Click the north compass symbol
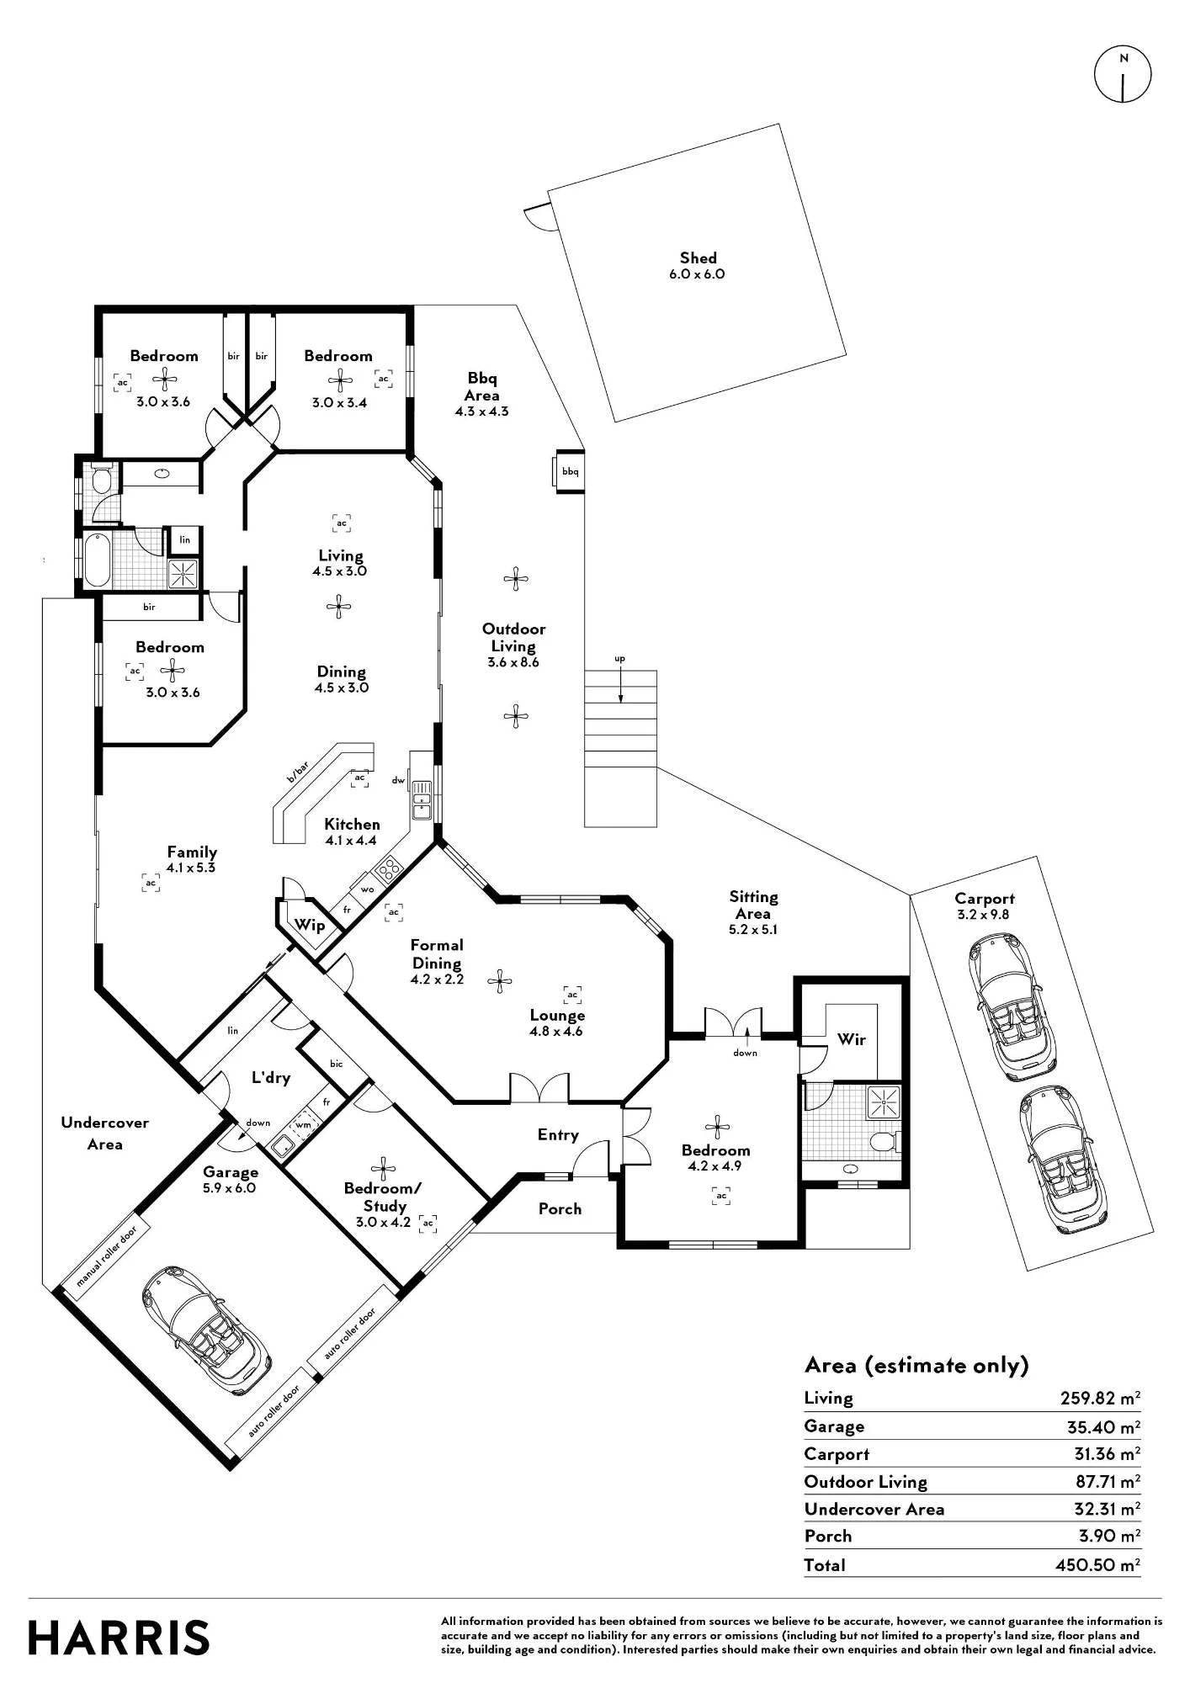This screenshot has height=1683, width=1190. pos(1123,74)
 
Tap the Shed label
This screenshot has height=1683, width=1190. pos(699,258)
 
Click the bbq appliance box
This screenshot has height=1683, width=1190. pos(569,471)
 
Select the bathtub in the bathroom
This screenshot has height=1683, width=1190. pos(98,560)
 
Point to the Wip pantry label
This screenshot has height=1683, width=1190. pos(310,925)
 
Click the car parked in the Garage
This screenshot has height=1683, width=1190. pos(206,1330)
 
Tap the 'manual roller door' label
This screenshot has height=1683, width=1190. pos(106,1258)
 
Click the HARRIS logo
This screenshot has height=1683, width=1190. pos(119,1638)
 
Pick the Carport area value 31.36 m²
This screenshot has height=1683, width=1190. pos(1107,1453)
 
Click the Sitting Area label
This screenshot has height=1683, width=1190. pos(753,905)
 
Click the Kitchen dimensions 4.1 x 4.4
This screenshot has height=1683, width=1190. pos(351,840)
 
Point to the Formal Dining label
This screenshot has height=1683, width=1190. pos(437,954)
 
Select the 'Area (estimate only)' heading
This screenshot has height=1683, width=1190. pos(916,1365)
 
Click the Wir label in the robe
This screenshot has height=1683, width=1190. pos(852,1039)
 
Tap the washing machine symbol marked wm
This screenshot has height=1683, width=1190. pos(303,1125)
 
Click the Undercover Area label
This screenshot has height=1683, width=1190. pos(105,1134)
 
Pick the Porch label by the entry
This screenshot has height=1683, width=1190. pos(560,1208)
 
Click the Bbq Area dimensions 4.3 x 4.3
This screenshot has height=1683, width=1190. pos(481,411)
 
